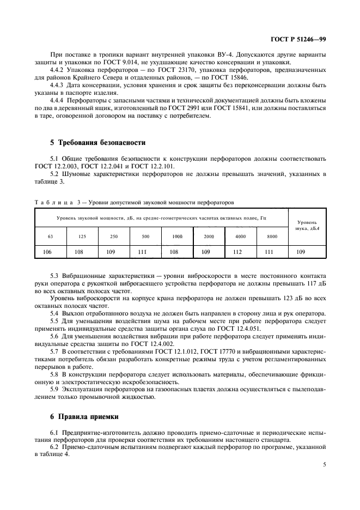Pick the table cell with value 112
point(241,252)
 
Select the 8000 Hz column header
point(272,236)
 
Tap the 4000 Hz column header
point(241,236)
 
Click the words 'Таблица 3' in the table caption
point(56,202)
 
